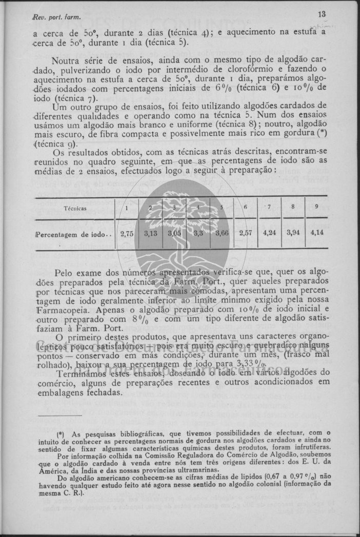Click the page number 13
point(322,14)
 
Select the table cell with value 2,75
point(126,234)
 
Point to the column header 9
point(316,207)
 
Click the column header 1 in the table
point(126,208)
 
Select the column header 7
point(270,207)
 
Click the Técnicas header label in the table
point(75,209)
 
